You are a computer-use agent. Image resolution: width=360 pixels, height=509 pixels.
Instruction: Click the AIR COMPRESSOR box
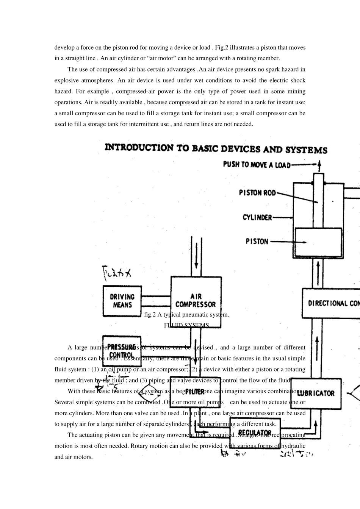point(196,297)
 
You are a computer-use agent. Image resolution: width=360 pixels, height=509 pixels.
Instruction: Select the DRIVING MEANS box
point(122,301)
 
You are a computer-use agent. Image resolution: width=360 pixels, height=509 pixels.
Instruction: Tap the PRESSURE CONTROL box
point(122,351)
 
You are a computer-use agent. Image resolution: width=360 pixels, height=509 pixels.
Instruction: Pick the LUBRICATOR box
point(316,393)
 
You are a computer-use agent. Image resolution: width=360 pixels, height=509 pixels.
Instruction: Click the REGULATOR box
point(255,432)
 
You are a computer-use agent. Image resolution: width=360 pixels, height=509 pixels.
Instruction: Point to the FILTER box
point(195,392)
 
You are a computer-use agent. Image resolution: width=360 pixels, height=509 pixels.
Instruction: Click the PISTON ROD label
point(257,193)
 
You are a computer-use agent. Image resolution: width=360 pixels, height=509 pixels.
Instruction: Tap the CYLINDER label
point(257,217)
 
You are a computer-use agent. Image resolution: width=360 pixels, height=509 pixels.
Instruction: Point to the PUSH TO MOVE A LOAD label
point(257,164)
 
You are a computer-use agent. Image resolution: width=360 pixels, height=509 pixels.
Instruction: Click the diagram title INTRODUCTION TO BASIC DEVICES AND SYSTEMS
point(216,148)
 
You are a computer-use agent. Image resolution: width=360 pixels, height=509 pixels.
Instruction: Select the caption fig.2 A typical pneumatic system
point(186,314)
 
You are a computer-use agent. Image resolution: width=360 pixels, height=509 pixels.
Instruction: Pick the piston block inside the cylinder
point(318,242)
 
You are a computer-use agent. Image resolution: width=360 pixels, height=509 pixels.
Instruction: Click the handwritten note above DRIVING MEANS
point(117,272)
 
